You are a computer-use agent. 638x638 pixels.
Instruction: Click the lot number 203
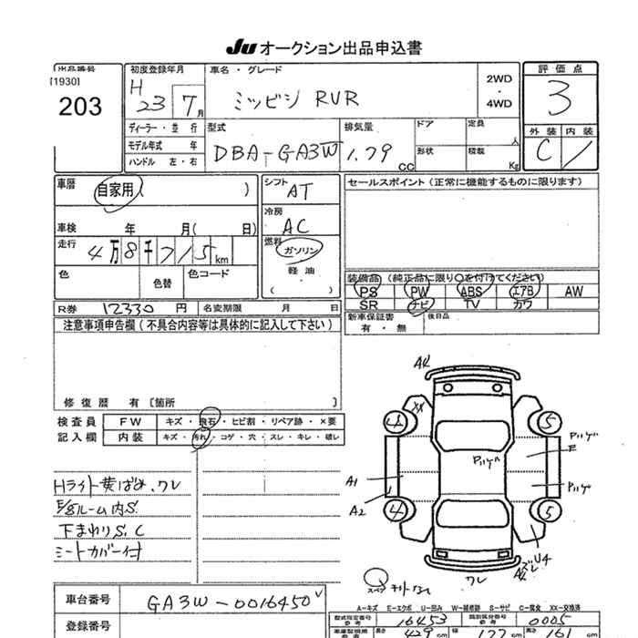click(79, 106)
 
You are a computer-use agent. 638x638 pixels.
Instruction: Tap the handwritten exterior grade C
click(543, 152)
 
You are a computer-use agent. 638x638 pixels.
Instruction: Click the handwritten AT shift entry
click(298, 192)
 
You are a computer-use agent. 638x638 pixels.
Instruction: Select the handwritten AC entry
click(295, 225)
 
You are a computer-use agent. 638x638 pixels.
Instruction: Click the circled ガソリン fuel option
click(302, 250)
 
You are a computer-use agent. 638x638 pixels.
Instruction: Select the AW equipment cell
click(573, 292)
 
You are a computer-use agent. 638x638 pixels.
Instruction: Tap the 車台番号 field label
click(88, 600)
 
